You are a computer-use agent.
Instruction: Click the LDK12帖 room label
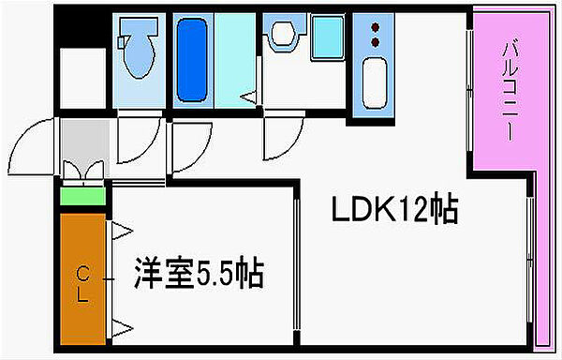tap(395, 208)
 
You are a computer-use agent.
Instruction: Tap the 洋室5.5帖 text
tap(200, 273)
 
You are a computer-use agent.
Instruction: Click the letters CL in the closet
tap(83, 285)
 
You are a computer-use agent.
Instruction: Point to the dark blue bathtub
tap(192, 59)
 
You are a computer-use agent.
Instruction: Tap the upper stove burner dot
tap(376, 27)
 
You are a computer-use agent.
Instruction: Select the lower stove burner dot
tap(376, 43)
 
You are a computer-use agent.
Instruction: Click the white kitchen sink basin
tap(375, 82)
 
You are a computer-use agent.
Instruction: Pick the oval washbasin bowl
tap(284, 33)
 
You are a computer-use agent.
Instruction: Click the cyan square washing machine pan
tap(328, 37)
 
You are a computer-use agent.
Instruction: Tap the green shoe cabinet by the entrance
tap(82, 196)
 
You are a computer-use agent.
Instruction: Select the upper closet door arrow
tap(122, 231)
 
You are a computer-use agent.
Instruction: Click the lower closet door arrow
tap(122, 328)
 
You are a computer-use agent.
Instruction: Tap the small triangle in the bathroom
tap(248, 97)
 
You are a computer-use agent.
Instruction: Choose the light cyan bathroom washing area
tap(235, 60)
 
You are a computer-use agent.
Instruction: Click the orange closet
tap(82, 279)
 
